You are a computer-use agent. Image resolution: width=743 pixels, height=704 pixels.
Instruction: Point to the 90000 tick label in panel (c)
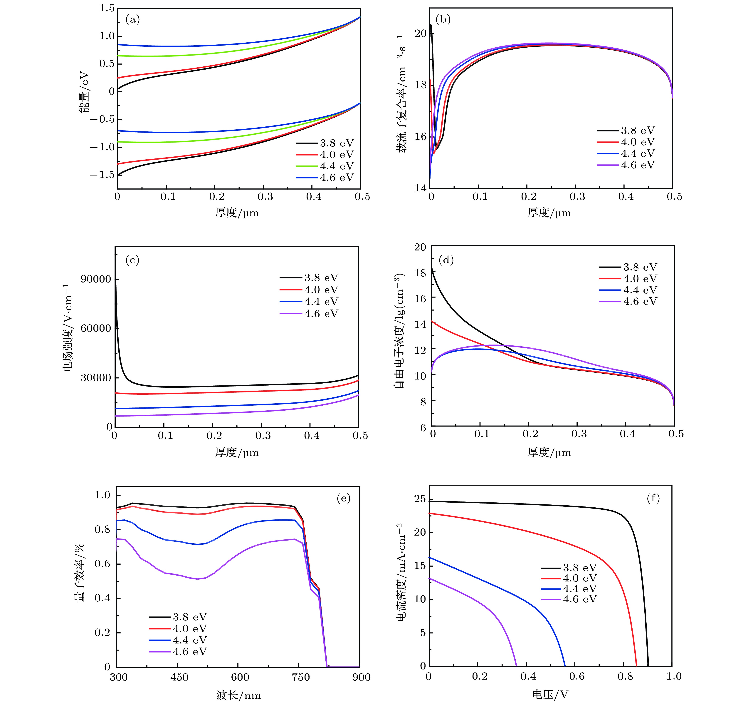coord(96,279)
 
